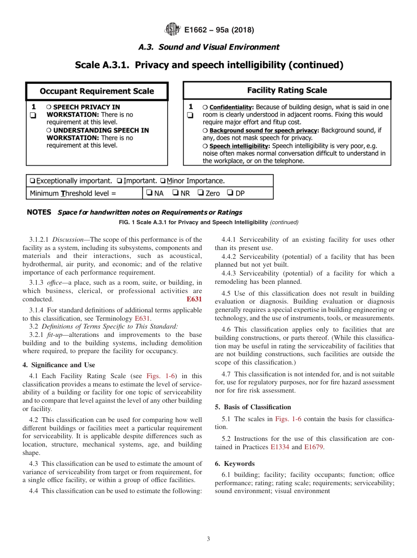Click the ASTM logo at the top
point(172,30)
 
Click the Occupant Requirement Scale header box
point(97,91)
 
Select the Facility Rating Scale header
point(287,90)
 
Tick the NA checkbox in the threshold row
point(149,193)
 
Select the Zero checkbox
point(200,193)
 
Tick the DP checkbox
point(230,193)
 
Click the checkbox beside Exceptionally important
point(32,181)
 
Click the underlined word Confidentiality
point(231,107)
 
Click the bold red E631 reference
point(194,299)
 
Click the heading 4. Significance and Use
point(58,365)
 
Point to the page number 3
point(208,539)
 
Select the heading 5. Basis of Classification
point(253,407)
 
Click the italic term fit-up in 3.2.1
point(55,335)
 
